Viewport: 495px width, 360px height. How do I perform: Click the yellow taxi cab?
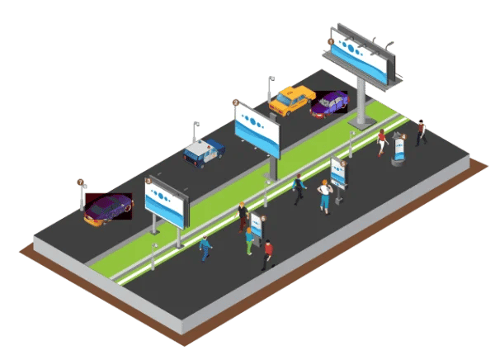point(290,101)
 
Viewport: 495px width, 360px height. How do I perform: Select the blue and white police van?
point(204,151)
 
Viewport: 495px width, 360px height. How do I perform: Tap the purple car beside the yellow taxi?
point(329,103)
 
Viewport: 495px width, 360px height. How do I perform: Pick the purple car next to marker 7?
point(108,208)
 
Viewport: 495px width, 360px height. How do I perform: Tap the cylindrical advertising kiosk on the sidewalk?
point(400,149)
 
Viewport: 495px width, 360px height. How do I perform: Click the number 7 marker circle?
point(80,182)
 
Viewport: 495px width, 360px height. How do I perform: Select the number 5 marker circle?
point(344,163)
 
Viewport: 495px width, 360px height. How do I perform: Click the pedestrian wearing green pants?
point(249,240)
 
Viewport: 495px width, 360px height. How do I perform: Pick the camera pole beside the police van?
point(196,131)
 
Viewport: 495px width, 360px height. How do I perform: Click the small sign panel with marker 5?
point(337,172)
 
